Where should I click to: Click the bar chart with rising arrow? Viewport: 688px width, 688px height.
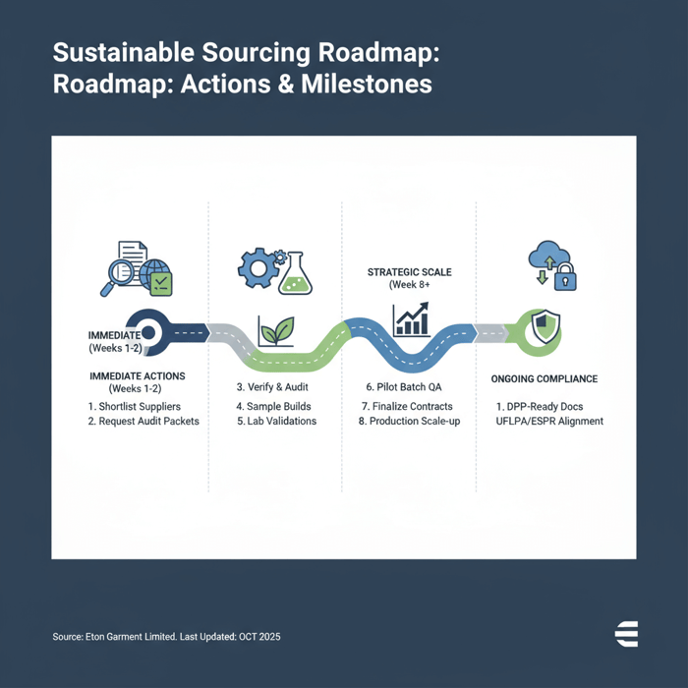410,319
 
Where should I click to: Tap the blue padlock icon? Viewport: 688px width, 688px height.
565,279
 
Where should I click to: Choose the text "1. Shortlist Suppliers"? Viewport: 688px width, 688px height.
134,406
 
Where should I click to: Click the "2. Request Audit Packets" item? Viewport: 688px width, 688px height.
143,421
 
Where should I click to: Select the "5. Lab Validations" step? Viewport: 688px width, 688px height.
276,421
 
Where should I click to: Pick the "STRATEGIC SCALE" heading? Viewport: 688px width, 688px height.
409,271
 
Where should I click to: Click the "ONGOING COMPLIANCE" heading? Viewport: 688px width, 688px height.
544,378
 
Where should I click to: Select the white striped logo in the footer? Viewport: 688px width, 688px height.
626,634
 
